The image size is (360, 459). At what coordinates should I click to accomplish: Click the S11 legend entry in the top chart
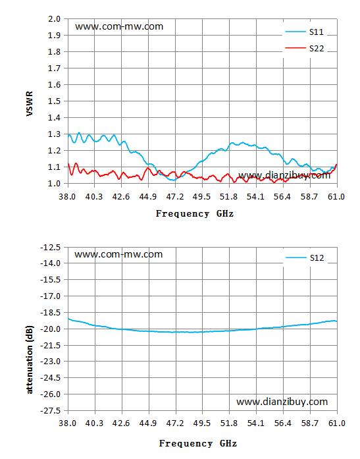(305, 32)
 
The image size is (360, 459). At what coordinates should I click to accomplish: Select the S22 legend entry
(305, 48)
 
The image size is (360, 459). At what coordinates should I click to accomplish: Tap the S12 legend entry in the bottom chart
(305, 257)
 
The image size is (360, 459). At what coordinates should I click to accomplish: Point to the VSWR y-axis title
(30, 103)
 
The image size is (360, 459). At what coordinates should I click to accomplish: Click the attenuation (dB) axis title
(30, 360)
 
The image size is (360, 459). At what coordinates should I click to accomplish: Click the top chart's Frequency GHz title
(195, 213)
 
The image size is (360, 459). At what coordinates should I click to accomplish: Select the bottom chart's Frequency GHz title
(198, 443)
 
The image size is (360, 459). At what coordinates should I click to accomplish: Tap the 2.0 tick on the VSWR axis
(54, 19)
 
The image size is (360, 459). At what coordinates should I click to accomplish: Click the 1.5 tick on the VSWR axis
(54, 101)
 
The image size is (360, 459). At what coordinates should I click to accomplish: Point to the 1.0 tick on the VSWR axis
(54, 184)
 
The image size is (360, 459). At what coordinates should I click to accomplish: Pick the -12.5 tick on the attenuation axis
(50, 248)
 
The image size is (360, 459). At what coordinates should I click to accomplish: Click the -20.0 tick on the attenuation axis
(50, 329)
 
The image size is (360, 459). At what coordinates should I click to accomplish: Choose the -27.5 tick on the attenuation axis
(50, 411)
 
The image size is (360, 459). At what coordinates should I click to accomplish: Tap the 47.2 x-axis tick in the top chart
(175, 197)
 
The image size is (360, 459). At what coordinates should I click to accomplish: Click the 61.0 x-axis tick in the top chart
(336, 197)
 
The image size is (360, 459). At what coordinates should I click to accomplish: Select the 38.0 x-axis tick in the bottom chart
(68, 423)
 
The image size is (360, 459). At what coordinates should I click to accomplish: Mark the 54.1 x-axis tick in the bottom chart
(256, 423)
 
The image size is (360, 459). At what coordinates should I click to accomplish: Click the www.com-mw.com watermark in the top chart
(119, 26)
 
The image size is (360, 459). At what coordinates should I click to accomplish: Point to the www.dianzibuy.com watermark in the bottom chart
(282, 402)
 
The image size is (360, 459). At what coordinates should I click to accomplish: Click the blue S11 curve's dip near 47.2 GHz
(174, 180)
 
